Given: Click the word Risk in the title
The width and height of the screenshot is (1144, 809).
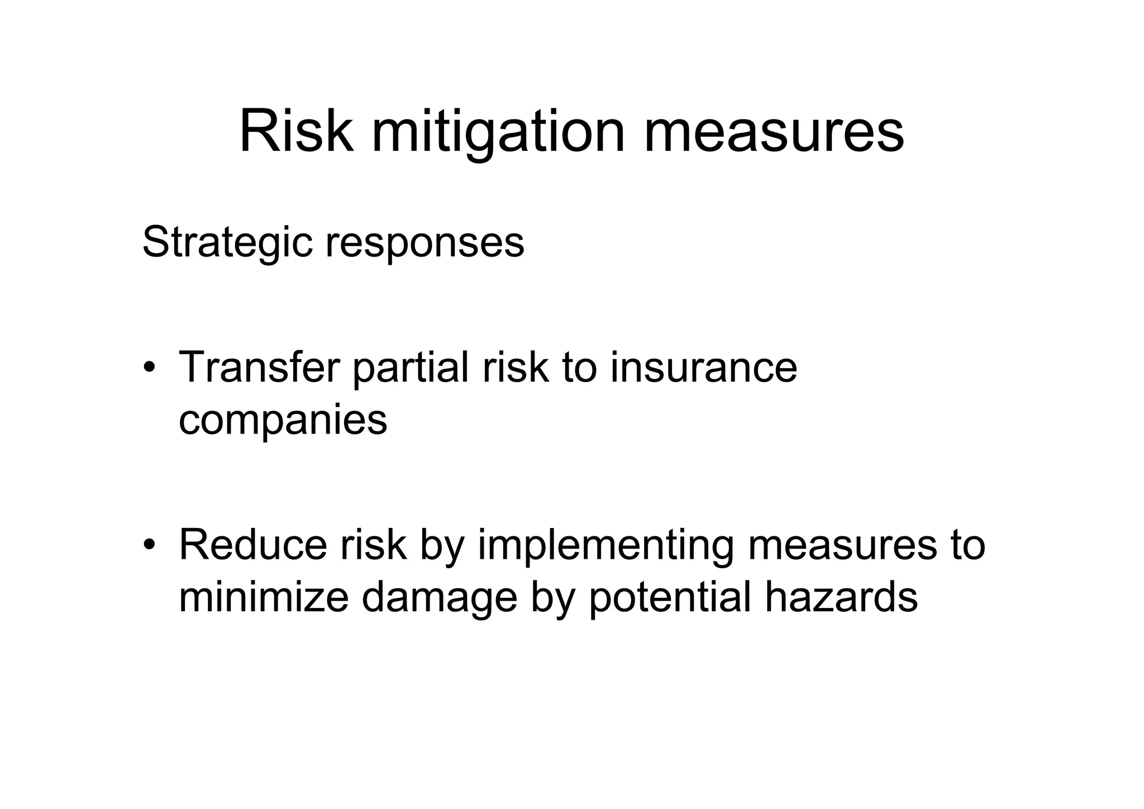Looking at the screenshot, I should click(296, 132).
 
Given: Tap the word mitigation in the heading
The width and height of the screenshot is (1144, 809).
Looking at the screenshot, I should click(498, 135).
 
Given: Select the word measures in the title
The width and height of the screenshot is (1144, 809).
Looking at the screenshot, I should click(774, 134).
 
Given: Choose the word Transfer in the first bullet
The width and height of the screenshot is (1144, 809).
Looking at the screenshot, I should click(259, 367).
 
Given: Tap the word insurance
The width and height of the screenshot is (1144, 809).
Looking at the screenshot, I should click(703, 367).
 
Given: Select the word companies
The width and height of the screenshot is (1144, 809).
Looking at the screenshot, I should click(283, 421).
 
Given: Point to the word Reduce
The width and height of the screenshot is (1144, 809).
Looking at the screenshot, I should click(253, 544).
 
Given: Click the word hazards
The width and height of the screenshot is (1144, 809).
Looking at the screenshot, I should click(841, 597).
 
